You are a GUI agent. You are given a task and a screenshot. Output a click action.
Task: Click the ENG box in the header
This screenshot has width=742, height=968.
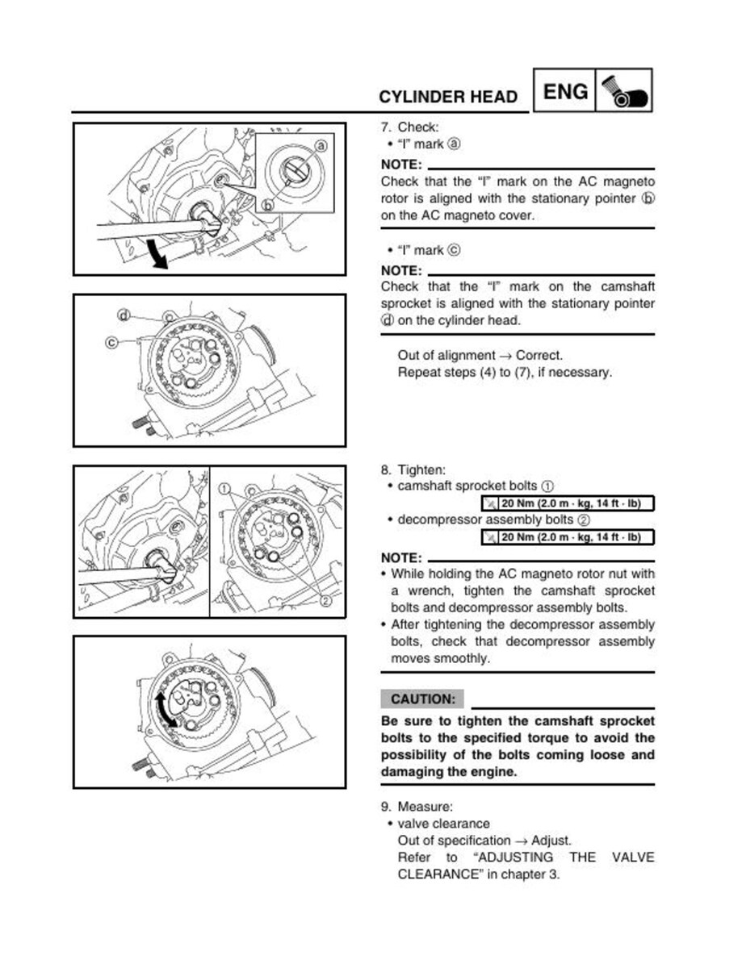(x=565, y=92)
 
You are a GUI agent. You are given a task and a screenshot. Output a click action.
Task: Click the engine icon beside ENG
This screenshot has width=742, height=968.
(x=623, y=91)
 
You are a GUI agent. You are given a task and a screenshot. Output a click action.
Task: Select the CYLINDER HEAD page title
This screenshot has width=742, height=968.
(x=448, y=98)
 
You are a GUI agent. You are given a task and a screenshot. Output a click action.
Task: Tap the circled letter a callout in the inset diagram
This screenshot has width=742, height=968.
(x=321, y=146)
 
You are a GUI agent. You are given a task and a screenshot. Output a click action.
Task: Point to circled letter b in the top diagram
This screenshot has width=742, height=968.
(x=268, y=205)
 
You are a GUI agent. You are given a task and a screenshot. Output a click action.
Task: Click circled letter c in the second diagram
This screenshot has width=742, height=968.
(x=111, y=342)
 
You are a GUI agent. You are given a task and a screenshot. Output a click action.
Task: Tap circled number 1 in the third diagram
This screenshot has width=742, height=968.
(x=224, y=488)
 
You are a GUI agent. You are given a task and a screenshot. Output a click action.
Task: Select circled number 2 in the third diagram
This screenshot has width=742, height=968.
(x=325, y=601)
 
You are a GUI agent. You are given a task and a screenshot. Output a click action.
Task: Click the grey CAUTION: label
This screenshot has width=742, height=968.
(x=422, y=699)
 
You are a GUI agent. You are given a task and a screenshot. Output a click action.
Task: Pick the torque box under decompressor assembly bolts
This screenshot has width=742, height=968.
(x=567, y=537)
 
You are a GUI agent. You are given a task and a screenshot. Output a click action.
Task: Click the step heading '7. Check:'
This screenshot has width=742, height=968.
(x=409, y=127)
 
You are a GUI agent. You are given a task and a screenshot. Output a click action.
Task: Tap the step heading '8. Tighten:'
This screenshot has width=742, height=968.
(x=413, y=469)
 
